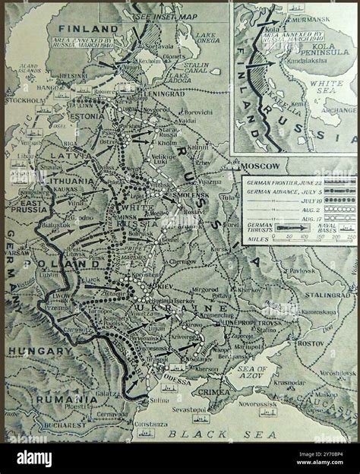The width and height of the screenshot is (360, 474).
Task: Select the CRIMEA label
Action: pyautogui.click(x=215, y=391)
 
